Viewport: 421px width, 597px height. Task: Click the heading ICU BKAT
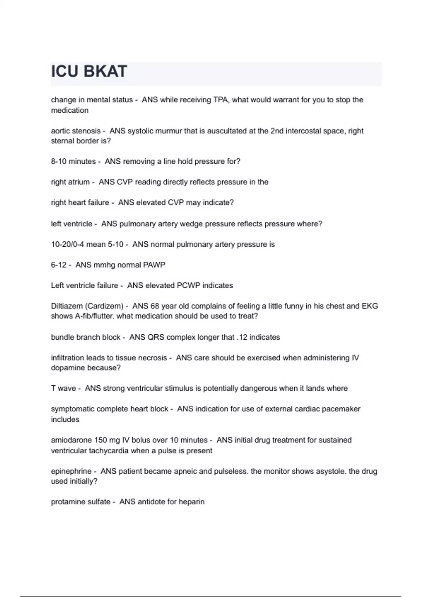pos(89,71)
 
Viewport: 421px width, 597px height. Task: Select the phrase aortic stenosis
pos(75,131)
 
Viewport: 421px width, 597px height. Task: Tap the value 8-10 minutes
pos(73,162)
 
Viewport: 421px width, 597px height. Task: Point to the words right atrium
pos(70,182)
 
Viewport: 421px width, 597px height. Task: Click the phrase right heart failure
pos(80,203)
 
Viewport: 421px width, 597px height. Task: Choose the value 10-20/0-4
pos(67,244)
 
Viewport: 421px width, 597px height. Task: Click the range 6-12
pos(59,265)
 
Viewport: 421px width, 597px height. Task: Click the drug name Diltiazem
pos(67,306)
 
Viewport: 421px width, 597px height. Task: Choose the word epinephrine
pos(71,471)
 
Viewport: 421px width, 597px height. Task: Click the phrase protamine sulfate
pos(80,502)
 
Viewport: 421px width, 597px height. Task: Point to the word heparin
pos(191,502)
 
